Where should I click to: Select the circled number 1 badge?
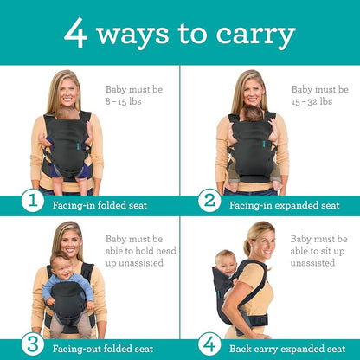[32, 202]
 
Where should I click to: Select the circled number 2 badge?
[209, 202]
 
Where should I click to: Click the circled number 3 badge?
[32, 344]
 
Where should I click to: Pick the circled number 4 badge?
[209, 344]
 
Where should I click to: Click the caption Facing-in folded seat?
[98, 205]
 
